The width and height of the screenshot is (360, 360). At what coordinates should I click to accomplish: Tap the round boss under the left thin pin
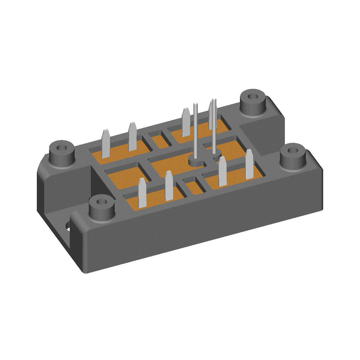pyautogui.click(x=196, y=162)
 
